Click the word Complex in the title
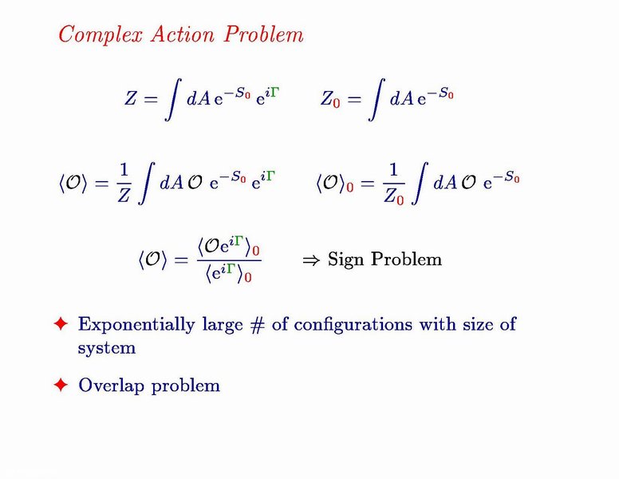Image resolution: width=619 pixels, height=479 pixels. tap(101, 34)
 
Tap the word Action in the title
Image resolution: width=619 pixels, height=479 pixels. tap(183, 34)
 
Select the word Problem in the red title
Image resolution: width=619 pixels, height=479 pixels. tap(264, 34)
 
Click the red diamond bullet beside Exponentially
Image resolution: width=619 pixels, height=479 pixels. tap(61, 323)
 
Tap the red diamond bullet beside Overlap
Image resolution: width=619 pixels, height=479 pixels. tap(61, 385)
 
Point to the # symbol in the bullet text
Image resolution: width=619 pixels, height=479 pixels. tap(257, 325)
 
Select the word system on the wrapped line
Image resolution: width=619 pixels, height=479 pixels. tap(107, 349)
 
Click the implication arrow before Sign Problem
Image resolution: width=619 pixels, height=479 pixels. tap(311, 260)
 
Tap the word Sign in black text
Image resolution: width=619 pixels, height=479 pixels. tap(345, 261)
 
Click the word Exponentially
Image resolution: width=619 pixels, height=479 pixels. tap(136, 325)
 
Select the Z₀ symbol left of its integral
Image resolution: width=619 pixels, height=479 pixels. tap(330, 99)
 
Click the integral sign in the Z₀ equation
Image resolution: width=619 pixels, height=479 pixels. tap(376, 99)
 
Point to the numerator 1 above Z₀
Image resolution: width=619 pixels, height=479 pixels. tap(393, 170)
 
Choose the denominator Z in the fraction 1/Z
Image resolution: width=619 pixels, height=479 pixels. tap(124, 195)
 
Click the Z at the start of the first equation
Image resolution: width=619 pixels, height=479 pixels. tap(131, 99)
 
